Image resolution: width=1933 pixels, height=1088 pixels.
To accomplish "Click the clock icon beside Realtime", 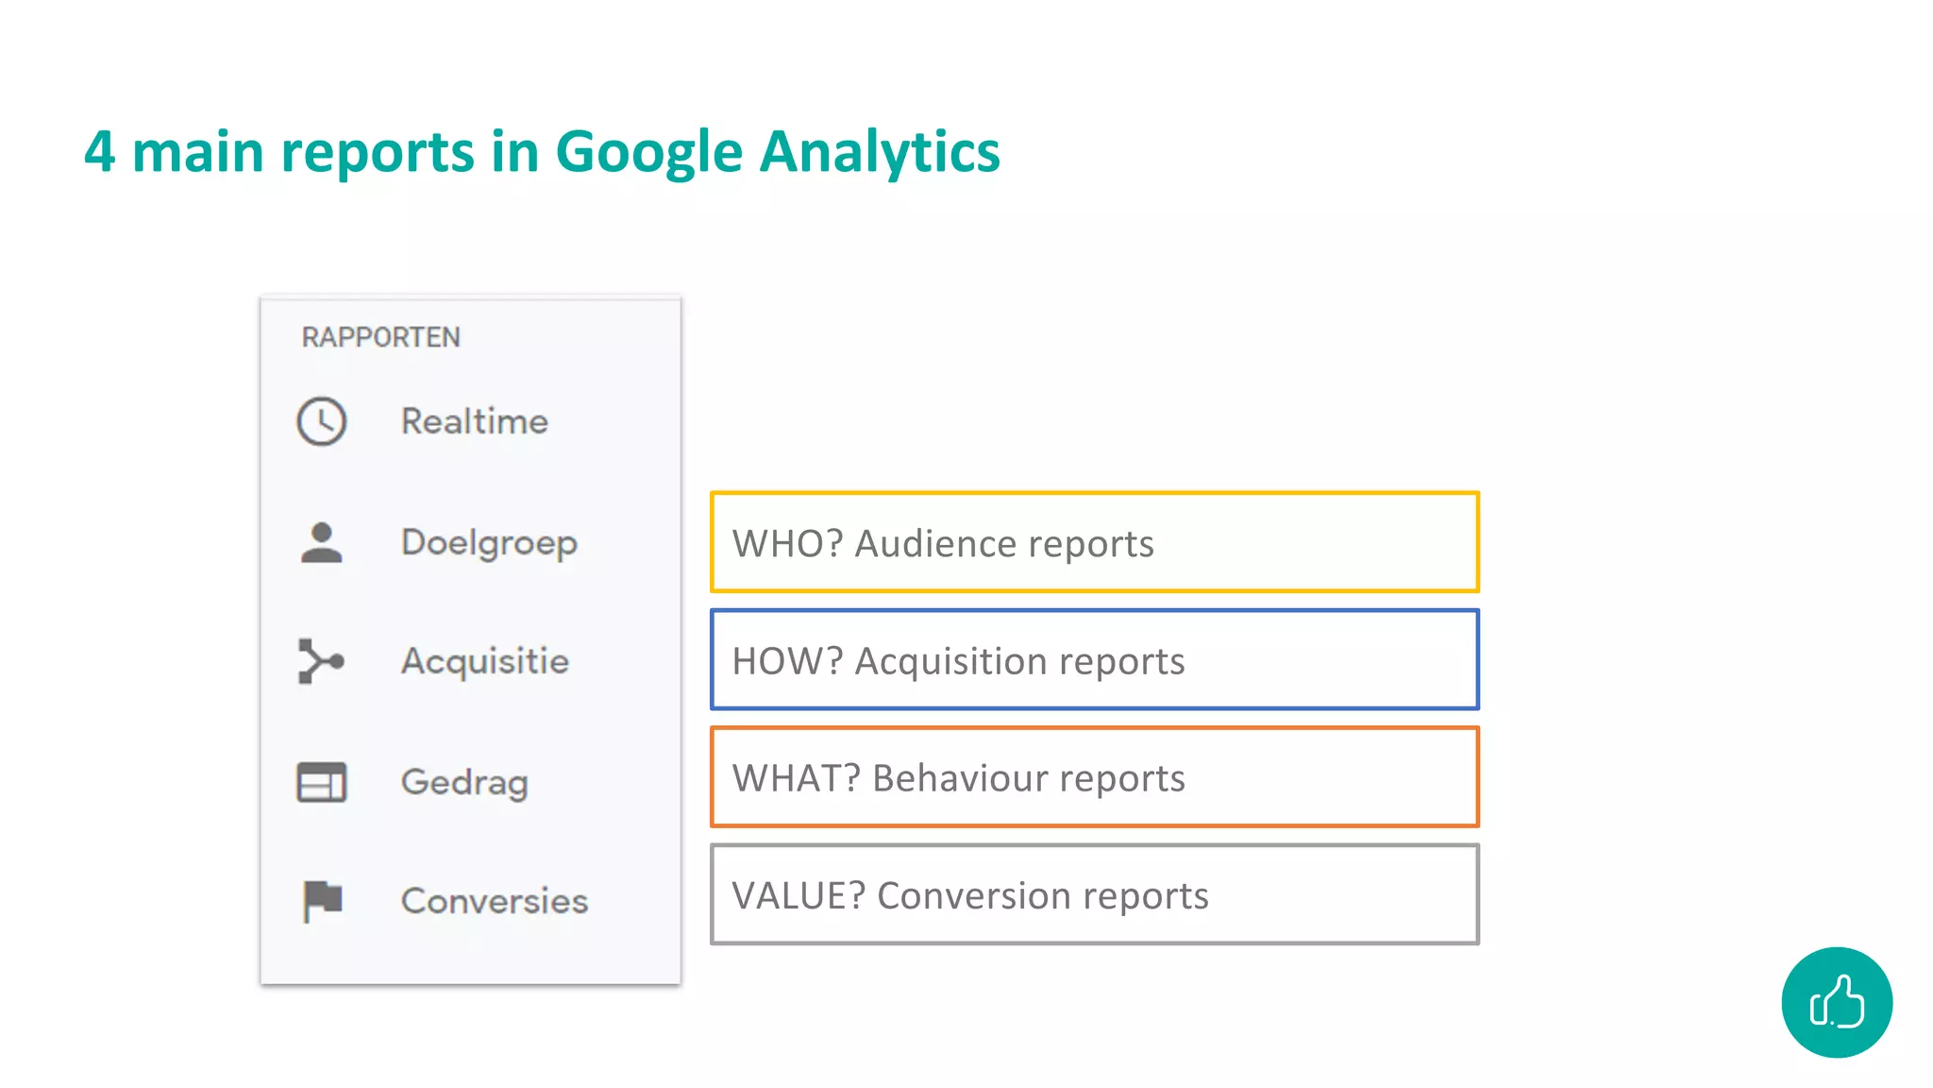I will tap(322, 421).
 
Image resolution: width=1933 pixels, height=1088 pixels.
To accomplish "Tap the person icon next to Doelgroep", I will tap(322, 543).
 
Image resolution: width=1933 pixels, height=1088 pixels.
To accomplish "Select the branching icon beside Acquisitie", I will tap(321, 661).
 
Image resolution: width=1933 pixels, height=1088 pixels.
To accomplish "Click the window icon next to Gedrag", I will tap(322, 782).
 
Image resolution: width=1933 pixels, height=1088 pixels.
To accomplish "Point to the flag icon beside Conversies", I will tap(323, 900).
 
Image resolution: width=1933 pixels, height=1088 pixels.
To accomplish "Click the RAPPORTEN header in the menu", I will tap(380, 337).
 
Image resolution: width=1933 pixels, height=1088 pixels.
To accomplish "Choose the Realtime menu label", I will tap(474, 421).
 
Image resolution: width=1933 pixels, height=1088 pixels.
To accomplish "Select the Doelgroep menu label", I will tap(489, 543).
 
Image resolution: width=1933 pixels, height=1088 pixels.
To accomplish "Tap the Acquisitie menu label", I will tap(485, 661).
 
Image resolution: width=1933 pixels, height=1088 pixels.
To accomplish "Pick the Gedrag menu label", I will tap(464, 783).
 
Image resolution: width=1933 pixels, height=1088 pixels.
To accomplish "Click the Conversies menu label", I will tap(495, 901).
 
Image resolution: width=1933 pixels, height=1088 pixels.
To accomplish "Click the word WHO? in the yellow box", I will tap(787, 544).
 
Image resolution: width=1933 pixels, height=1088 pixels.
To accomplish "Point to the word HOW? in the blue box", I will tap(787, 661).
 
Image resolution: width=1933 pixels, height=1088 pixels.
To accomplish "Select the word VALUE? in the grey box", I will tap(798, 895).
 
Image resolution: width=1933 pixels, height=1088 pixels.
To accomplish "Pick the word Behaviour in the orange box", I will tap(959, 778).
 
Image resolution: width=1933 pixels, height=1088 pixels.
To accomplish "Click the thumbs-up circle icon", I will tap(1837, 1002).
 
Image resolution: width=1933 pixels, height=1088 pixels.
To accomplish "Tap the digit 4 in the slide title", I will tap(100, 152).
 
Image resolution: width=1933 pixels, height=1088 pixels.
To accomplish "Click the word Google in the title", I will tap(649, 153).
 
